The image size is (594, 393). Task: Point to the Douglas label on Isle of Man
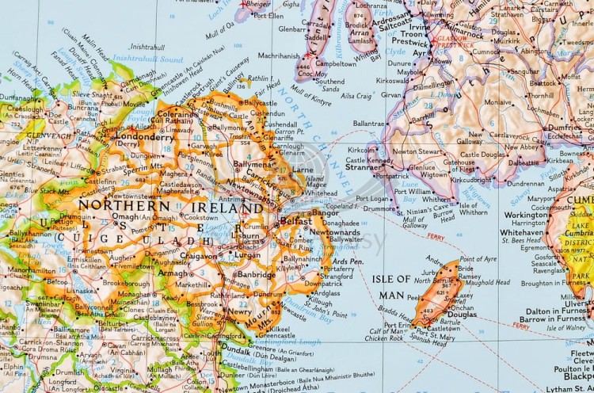pos(463,314)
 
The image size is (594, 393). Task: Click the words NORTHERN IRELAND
pos(170,207)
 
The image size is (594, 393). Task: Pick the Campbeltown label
pos(336,63)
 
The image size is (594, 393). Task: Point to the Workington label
pos(525,215)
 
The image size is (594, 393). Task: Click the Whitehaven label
pos(521,233)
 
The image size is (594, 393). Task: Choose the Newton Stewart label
pos(419,151)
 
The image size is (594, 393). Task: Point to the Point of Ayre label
pos(478,258)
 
